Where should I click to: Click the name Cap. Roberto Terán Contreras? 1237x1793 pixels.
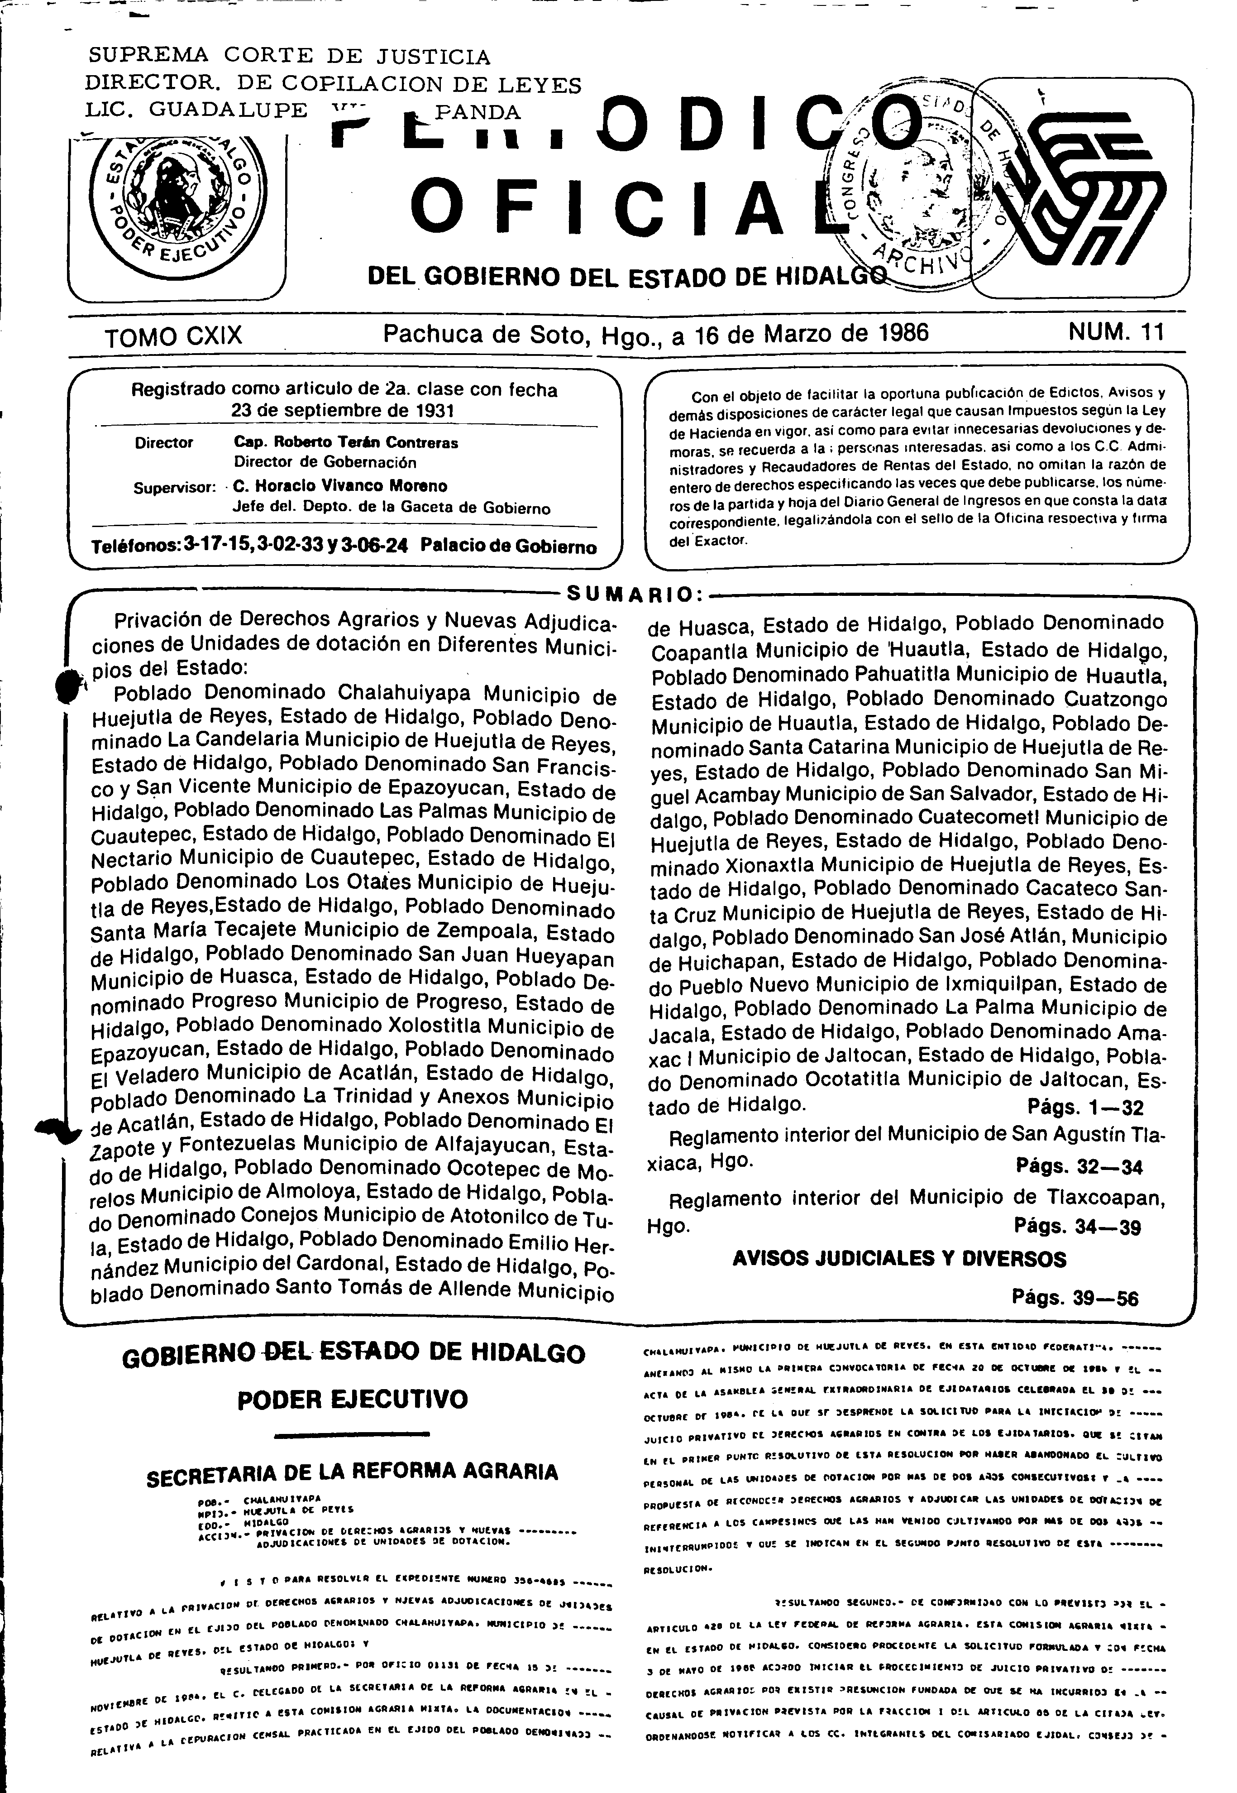coord(346,443)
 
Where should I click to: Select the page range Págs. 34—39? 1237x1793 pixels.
coord(1077,1226)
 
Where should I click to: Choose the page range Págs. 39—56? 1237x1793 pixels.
coord(1075,1299)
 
